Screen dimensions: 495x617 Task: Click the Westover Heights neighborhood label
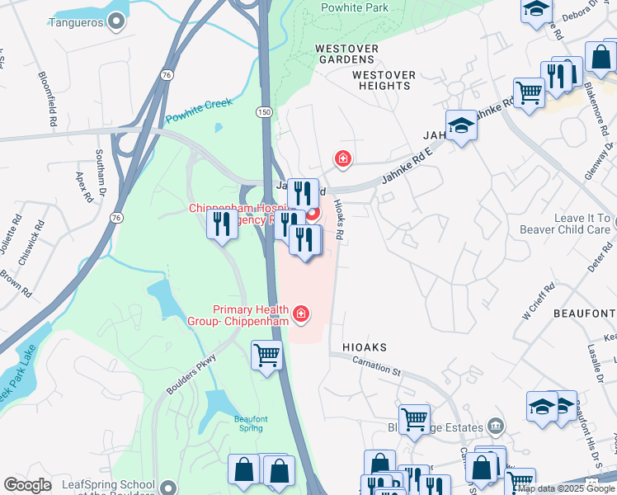pos(384,80)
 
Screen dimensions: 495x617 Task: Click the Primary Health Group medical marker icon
pos(300,313)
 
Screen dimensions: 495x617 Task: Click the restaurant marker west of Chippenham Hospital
pos(222,224)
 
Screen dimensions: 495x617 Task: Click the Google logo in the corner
pos(27,485)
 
